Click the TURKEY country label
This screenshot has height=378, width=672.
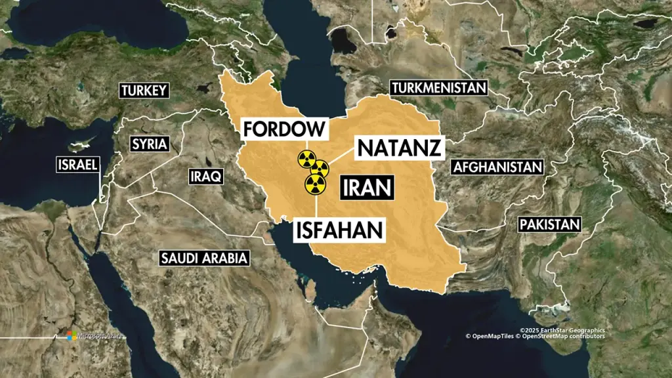144,91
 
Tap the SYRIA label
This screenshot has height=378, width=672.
150,144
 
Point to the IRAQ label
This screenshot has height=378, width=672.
206,176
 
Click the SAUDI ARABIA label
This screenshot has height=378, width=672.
205,258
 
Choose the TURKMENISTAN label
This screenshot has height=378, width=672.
438,87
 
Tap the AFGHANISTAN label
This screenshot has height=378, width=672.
497,167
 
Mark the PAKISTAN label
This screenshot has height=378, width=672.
550,224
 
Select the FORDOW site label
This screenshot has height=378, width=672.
284,128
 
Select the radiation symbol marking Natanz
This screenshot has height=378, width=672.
320,169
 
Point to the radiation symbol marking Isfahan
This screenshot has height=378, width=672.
316,184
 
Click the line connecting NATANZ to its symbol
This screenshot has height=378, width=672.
341,157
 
